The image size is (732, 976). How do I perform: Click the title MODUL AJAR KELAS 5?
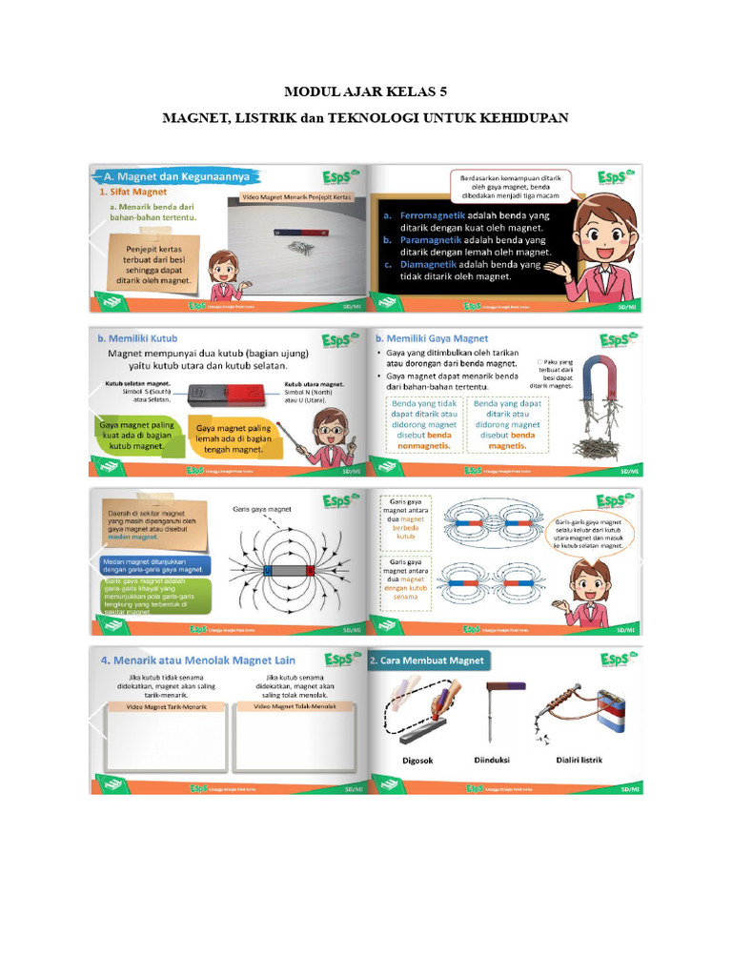pyautogui.click(x=366, y=92)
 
